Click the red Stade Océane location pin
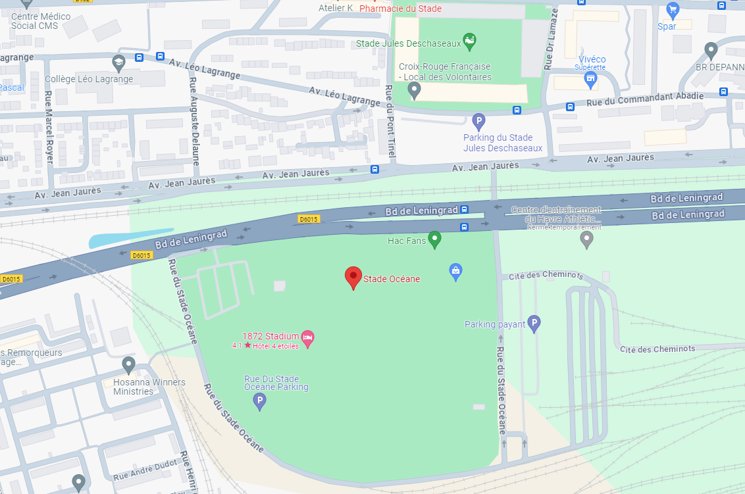click(x=353, y=277)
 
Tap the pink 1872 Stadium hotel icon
click(x=307, y=337)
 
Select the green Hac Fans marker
click(x=434, y=239)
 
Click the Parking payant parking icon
click(x=534, y=323)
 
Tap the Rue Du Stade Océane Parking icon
click(x=260, y=401)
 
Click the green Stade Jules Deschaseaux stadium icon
click(x=469, y=42)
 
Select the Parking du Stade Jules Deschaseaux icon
click(x=479, y=121)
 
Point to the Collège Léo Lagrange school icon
click(x=118, y=63)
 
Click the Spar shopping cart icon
click(x=672, y=10)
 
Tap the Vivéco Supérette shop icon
click(x=590, y=80)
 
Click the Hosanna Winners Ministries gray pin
click(x=128, y=364)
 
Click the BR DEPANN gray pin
click(x=711, y=49)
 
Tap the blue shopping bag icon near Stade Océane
click(x=455, y=270)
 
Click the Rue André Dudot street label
click(x=146, y=470)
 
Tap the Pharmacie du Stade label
click(x=400, y=9)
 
